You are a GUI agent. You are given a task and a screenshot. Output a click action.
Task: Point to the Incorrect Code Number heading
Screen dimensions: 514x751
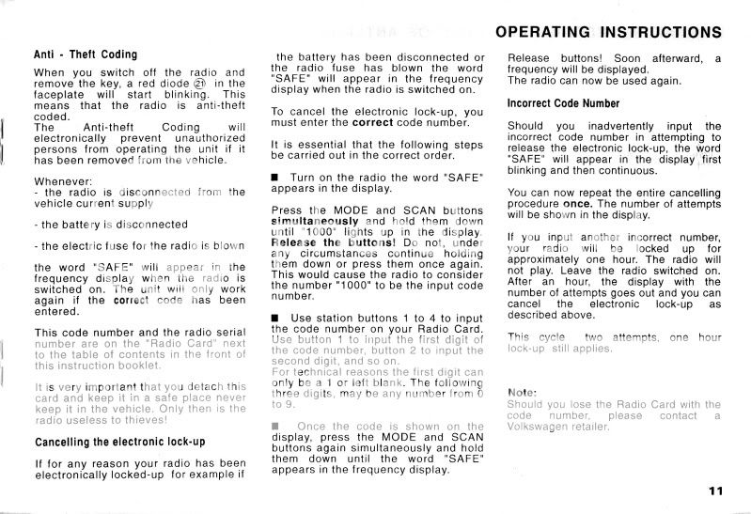click(563, 103)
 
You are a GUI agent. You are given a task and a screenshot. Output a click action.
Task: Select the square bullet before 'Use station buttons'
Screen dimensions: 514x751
click(274, 319)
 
